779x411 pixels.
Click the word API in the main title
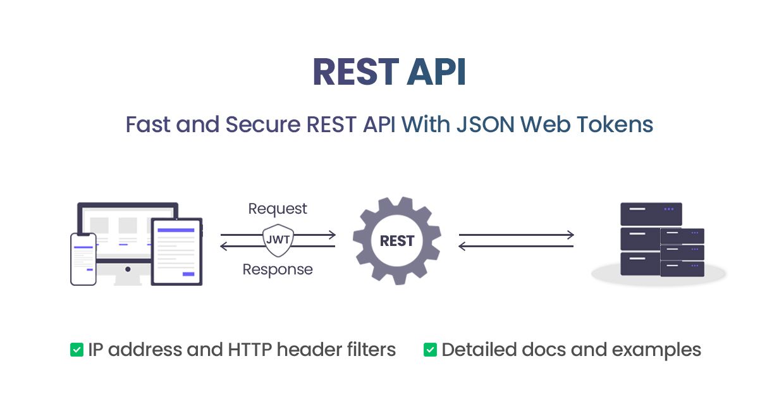pos(436,72)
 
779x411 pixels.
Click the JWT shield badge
pos(278,240)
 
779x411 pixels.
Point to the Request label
pos(278,209)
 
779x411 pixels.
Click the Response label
pos(278,269)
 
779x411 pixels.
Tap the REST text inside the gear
pos(397,241)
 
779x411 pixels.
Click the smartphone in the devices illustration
pos(83,259)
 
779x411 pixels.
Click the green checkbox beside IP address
pos(77,350)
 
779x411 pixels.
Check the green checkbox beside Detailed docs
pos(430,350)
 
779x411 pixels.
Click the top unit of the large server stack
pos(651,214)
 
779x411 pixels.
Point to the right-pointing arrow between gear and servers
pos(516,235)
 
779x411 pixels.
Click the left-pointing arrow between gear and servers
pos(516,246)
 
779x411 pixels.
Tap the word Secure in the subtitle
pos(262,124)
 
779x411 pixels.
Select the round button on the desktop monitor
pos(128,269)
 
